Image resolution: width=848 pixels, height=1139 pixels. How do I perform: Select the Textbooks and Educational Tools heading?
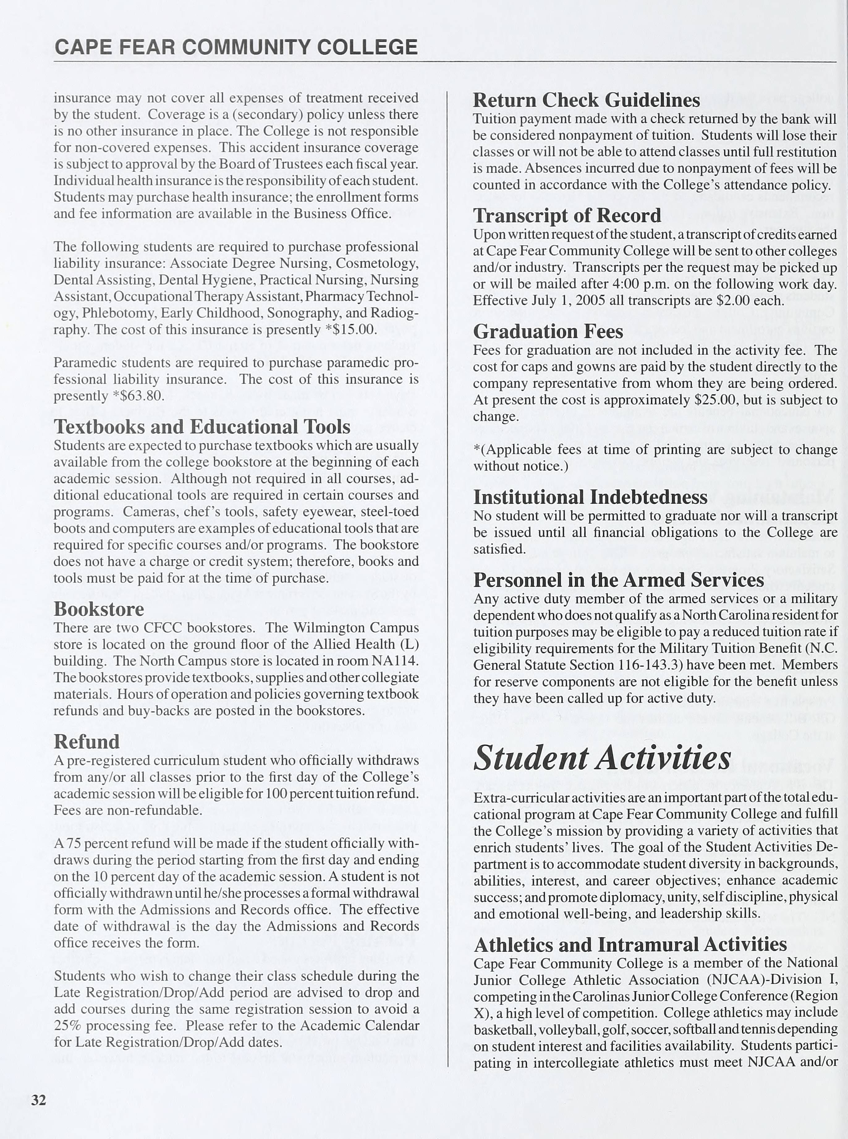tap(202, 427)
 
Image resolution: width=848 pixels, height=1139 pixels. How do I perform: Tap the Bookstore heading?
tap(99, 609)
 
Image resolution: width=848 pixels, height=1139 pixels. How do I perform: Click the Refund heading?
tap(86, 741)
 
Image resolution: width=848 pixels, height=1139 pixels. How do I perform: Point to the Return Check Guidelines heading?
tap(586, 100)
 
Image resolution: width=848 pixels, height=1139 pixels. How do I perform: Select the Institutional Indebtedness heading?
tap(590, 497)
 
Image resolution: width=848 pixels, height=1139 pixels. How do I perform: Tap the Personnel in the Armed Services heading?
tap(619, 580)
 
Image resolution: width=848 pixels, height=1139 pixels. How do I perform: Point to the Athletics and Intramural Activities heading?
tap(630, 944)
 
